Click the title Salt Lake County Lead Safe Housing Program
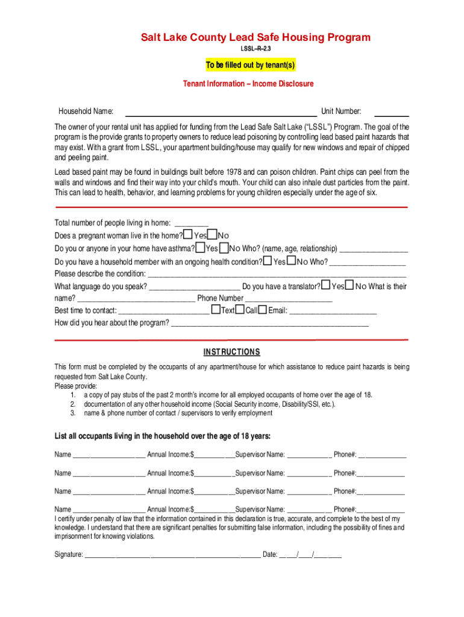[256, 37]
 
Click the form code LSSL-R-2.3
[256, 48]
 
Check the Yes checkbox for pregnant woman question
[188, 234]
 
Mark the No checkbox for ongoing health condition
[291, 262]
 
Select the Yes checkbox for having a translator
[326, 285]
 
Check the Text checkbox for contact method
[215, 310]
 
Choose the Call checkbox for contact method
[240, 310]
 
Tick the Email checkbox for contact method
[263, 310]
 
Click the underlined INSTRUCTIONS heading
[231, 352]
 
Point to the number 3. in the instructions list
[72, 413]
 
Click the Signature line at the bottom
[172, 555]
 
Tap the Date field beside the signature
[310, 555]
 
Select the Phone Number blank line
[289, 299]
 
